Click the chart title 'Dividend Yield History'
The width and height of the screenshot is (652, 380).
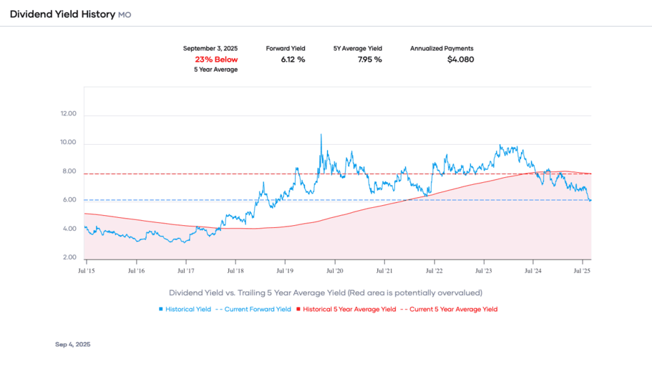coord(62,14)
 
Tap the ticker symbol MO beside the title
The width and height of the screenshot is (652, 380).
coord(125,15)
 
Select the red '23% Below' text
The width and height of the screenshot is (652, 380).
coord(216,60)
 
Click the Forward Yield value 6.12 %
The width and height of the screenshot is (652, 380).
coord(293,60)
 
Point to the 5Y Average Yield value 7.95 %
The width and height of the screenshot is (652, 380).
coord(369,60)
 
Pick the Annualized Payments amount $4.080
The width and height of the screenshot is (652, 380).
coord(460,60)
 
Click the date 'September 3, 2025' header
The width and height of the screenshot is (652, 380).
coord(210,49)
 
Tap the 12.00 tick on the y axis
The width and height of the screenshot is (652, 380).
coord(69,115)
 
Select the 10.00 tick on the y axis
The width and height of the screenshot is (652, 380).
coord(69,143)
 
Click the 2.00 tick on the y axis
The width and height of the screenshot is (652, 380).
coord(69,257)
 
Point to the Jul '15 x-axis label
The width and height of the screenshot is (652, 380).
coord(87,271)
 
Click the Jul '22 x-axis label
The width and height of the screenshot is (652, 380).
coord(434,271)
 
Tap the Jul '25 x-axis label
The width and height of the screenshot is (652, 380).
coord(582,271)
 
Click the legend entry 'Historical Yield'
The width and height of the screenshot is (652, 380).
coord(188,309)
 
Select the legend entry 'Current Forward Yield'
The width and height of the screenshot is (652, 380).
coord(257,309)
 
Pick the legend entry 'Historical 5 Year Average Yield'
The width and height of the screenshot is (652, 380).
coord(348,309)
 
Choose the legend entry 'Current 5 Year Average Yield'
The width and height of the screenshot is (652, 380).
coord(452,309)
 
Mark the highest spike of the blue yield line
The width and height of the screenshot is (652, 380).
coord(321,135)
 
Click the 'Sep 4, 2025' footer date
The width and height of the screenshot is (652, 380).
coord(73,345)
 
